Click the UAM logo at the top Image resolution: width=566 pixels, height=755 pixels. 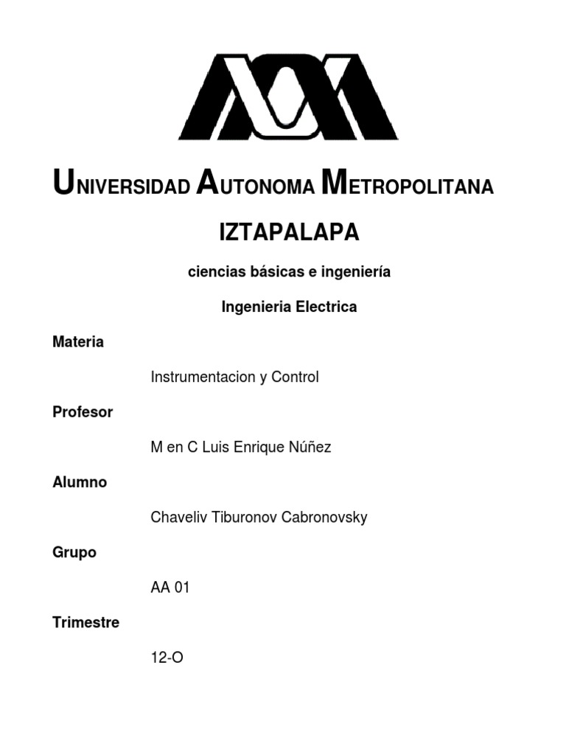288,95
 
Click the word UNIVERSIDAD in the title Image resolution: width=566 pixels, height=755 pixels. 122,185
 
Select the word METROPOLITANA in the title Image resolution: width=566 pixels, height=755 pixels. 408,185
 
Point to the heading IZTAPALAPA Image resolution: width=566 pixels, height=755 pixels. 289,233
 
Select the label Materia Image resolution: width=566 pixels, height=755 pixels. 78,342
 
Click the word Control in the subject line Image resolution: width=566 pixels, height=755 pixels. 295,377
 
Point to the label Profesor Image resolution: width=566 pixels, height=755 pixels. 83,412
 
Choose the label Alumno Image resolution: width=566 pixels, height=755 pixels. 80,482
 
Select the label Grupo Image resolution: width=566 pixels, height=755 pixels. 74,552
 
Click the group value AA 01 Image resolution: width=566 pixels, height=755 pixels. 170,588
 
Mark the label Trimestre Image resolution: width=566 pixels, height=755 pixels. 85,622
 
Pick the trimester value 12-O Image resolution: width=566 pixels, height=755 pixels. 167,658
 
